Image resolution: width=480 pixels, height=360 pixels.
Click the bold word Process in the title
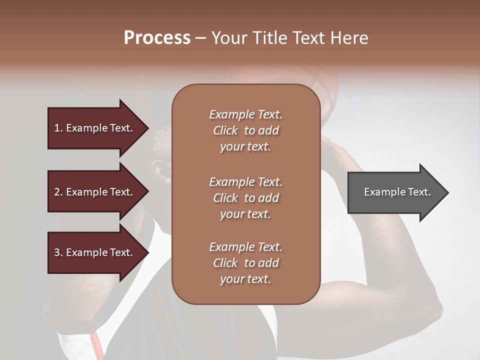(157, 37)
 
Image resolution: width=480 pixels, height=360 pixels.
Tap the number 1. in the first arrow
(58, 128)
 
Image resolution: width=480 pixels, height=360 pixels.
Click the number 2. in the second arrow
(58, 192)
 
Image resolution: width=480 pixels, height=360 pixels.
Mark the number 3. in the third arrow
(58, 252)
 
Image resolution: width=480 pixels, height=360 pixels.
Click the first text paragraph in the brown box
(245, 130)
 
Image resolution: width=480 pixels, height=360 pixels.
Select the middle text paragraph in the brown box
(245, 198)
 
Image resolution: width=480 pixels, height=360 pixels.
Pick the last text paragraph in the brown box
(245, 263)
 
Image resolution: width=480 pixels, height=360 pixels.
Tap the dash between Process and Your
(201, 38)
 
